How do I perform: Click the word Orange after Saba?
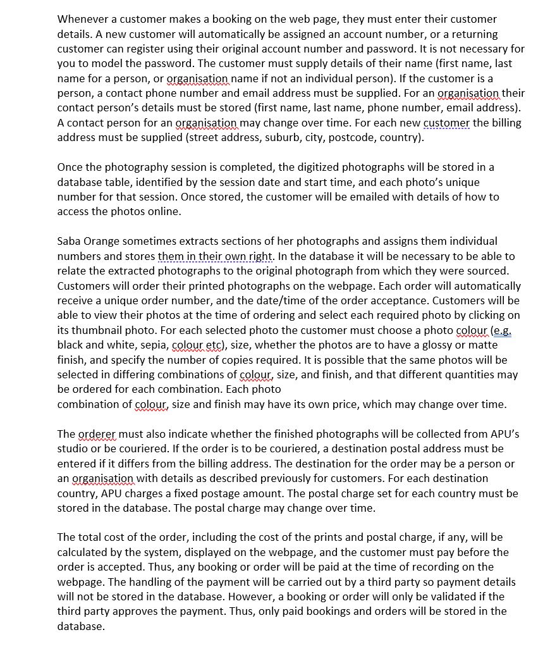(104, 241)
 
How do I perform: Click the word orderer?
(97, 434)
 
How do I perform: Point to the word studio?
(74, 448)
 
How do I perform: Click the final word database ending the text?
(80, 626)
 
